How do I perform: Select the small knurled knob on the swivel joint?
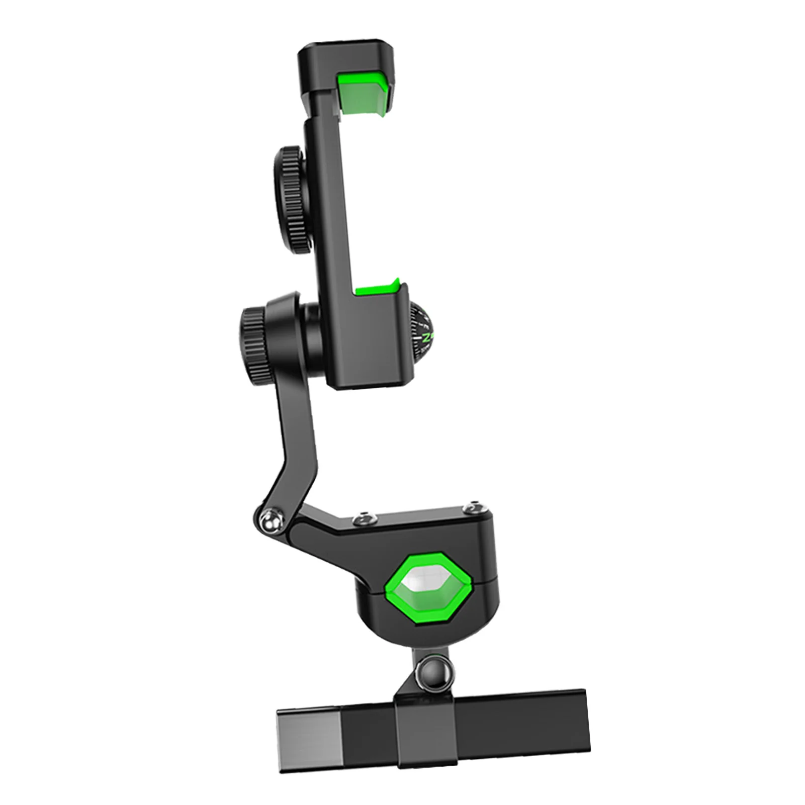(252, 332)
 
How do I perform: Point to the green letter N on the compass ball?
(428, 337)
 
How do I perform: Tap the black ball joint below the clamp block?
(431, 669)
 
